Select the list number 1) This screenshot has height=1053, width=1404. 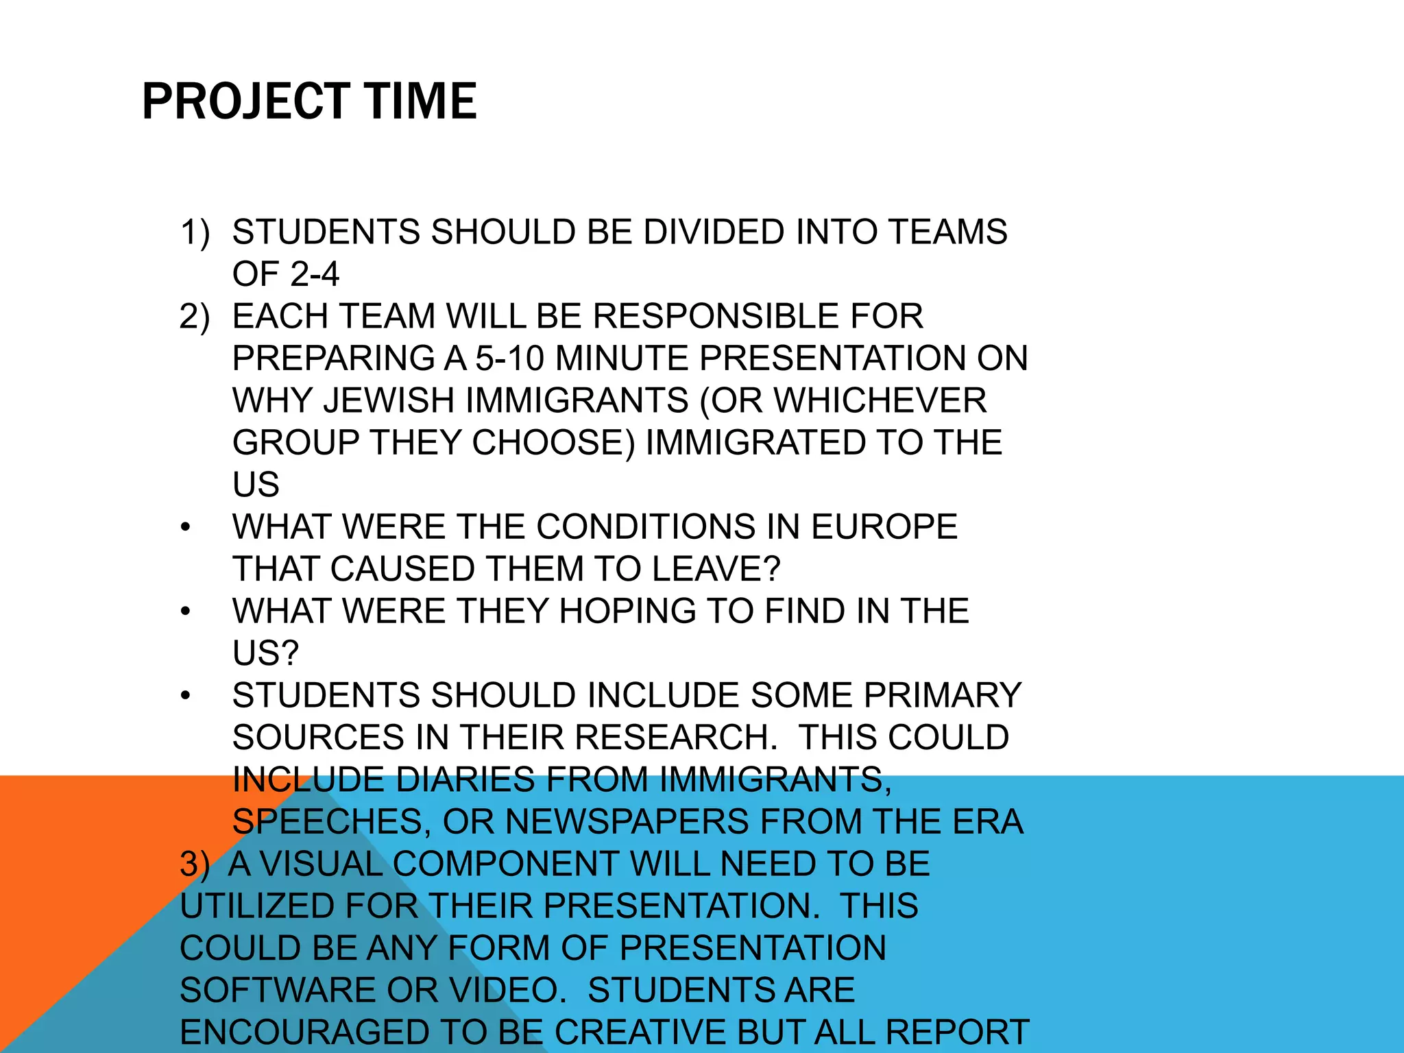click(195, 232)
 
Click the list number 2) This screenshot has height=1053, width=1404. click(195, 316)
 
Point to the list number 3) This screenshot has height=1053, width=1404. click(195, 864)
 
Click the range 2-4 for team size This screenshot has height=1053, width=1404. click(315, 274)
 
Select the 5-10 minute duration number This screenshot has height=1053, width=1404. click(511, 359)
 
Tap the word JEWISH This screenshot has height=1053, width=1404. click(389, 400)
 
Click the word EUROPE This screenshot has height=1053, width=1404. click(884, 526)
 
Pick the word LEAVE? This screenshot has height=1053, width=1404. click(716, 569)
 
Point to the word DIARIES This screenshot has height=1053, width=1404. click(465, 779)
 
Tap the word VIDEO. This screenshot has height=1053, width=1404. click(508, 990)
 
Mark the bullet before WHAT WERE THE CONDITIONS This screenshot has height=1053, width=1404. click(185, 528)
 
